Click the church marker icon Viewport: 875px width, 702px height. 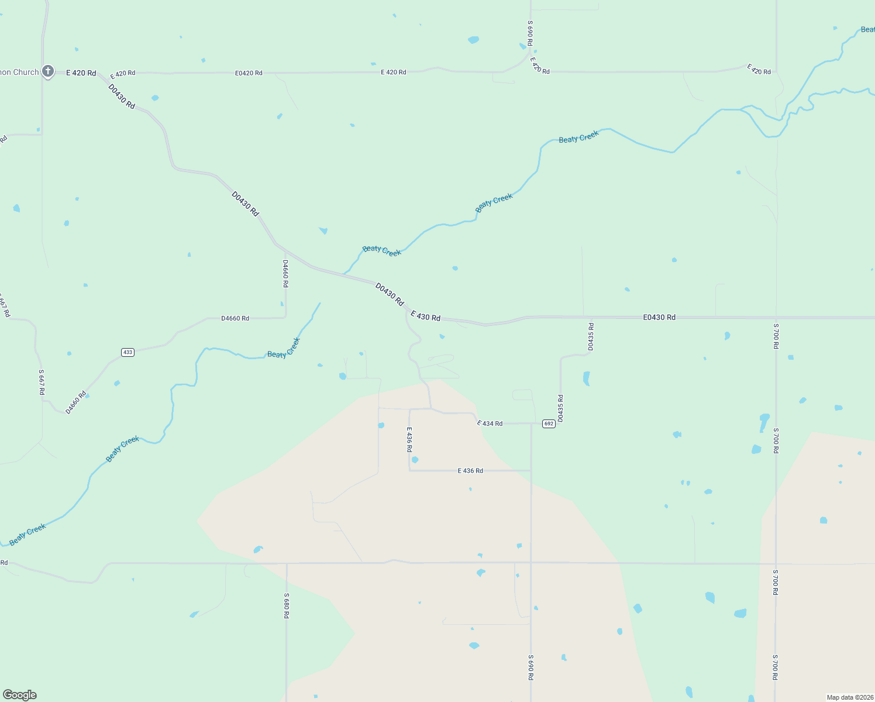pos(48,71)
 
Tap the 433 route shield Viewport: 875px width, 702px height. pos(128,352)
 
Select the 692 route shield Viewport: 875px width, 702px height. pos(548,424)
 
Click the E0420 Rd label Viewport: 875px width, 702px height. pos(249,73)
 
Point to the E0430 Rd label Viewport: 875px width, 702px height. pos(659,317)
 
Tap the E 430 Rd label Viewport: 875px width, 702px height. pos(425,316)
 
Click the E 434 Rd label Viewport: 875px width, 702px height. pos(490,423)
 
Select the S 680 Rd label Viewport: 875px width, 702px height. pos(287,605)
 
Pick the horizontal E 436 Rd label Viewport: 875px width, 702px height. pos(470,470)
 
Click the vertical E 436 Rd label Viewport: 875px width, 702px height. pos(409,439)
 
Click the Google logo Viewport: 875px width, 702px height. pos(20,695)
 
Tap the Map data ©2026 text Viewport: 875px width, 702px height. pos(850,697)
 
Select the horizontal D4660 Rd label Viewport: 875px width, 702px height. pos(235,318)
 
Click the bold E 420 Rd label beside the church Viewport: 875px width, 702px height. pos(81,73)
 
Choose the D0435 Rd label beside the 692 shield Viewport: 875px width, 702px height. pos(560,408)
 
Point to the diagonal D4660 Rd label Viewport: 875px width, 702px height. pos(76,402)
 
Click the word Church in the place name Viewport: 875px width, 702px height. pos(26,72)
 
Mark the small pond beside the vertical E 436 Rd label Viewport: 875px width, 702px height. pos(415,460)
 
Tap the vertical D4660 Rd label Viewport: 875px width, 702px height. pos(285,273)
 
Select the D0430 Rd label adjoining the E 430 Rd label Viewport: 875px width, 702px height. pos(390,294)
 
